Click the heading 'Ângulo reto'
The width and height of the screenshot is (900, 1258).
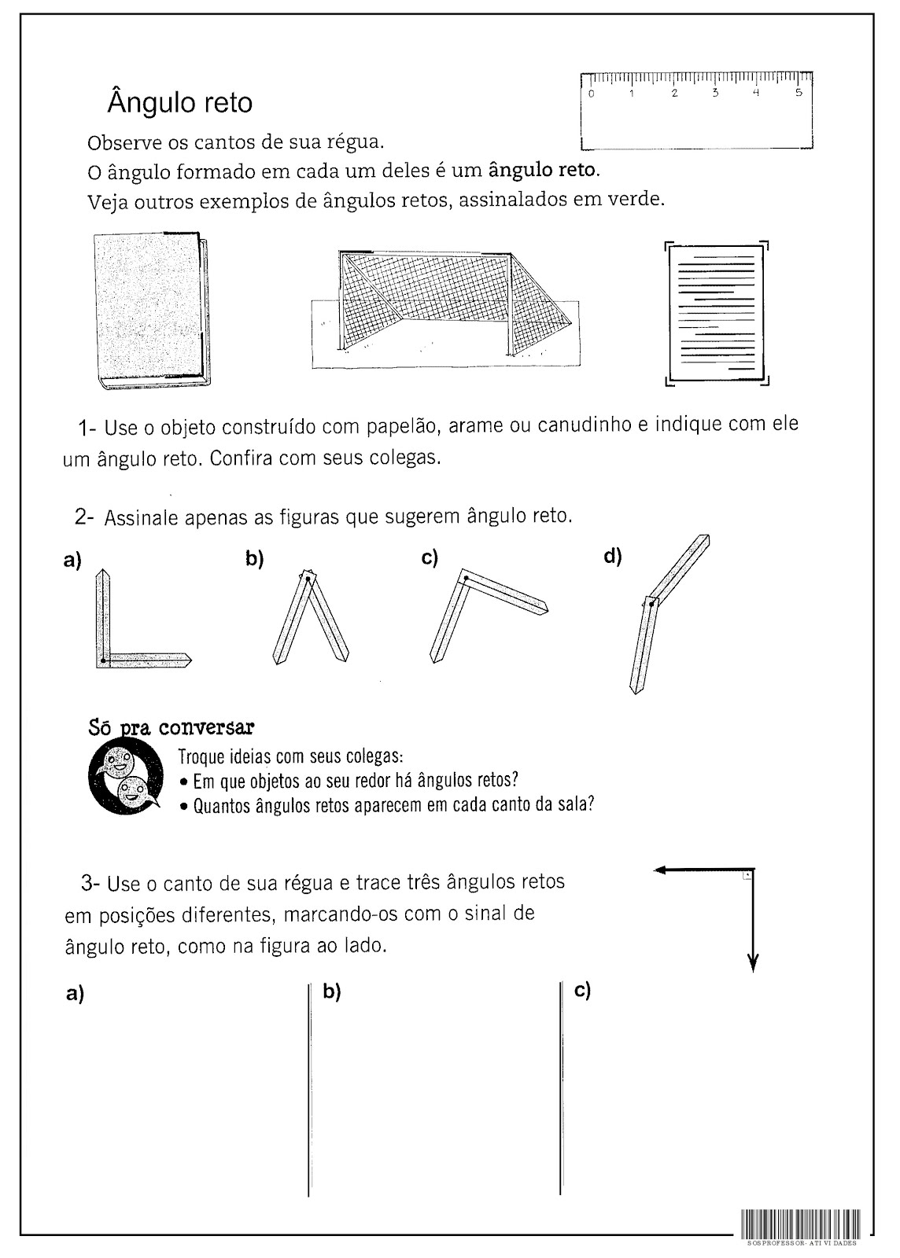point(179,103)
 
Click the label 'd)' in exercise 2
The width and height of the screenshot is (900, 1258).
point(613,557)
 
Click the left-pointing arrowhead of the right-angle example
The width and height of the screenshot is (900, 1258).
point(660,870)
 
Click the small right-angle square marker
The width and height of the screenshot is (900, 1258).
point(747,874)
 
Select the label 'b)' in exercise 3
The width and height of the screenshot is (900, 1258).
point(331,991)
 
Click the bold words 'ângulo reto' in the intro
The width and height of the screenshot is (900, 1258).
point(544,169)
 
